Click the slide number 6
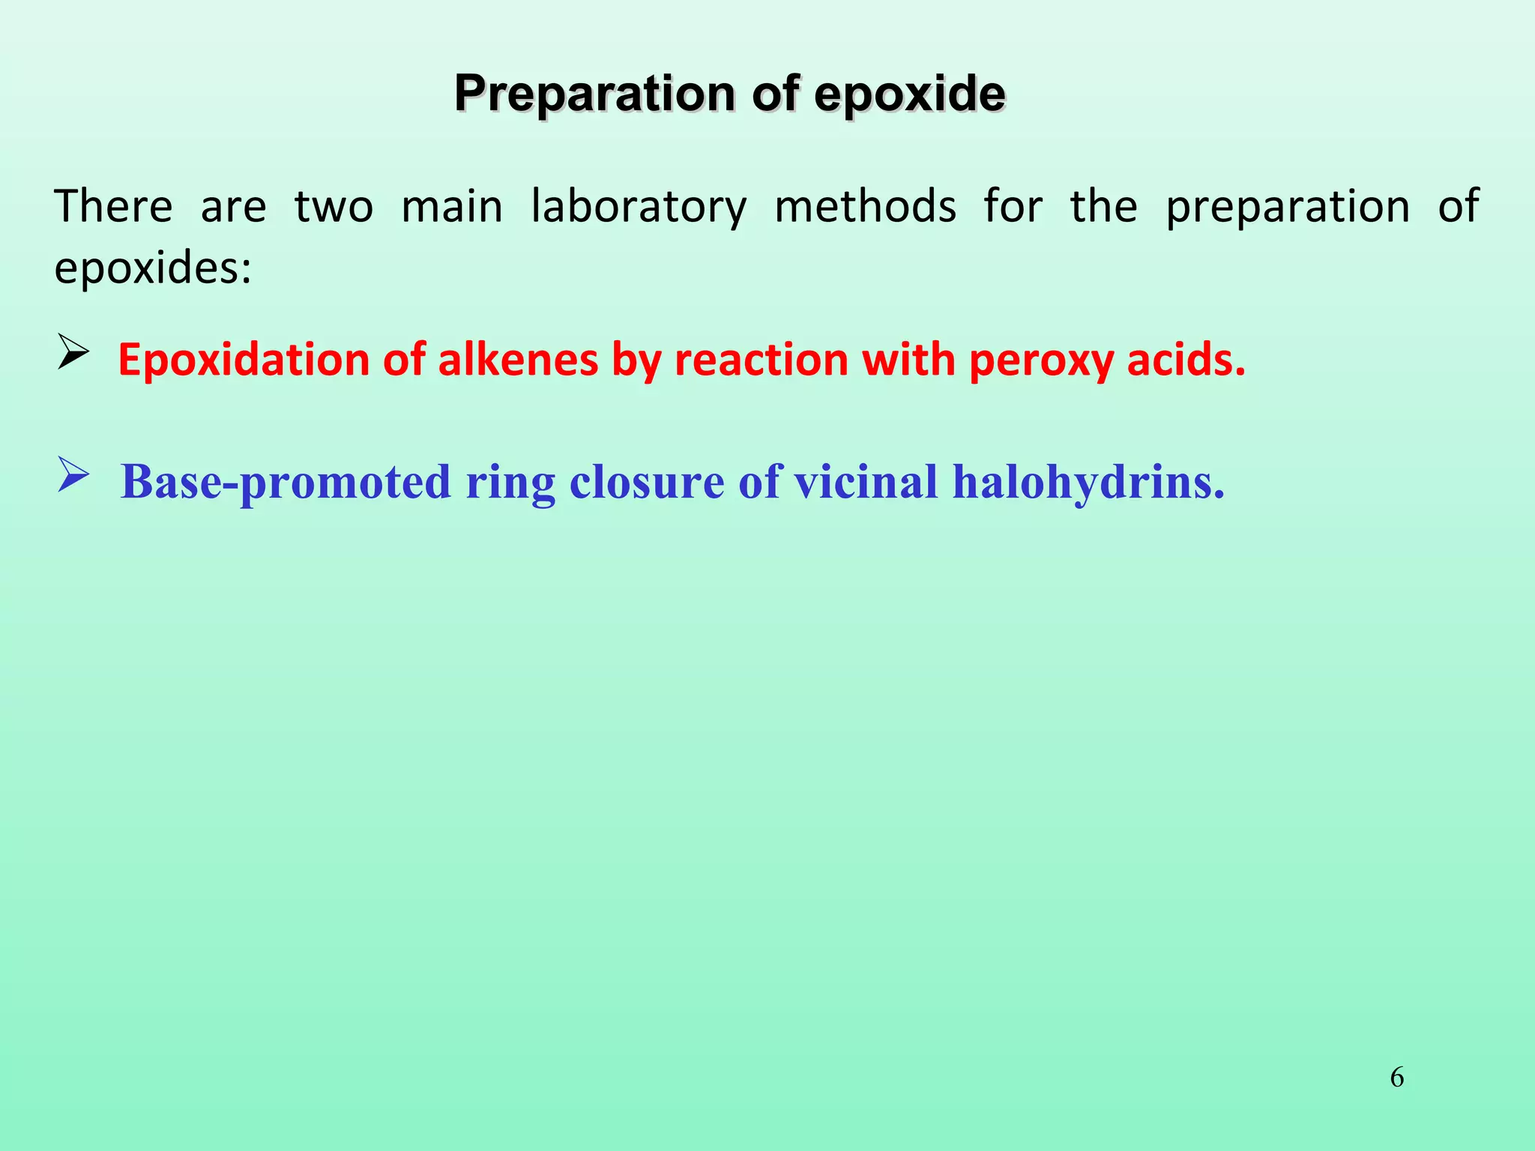click(1397, 1078)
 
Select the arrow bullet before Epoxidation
click(73, 352)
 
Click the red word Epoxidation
click(244, 360)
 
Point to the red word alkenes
click(518, 360)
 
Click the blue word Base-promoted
click(286, 482)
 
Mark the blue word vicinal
click(866, 482)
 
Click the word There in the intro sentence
click(113, 207)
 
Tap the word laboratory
click(639, 208)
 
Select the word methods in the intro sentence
click(866, 207)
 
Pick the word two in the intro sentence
click(334, 208)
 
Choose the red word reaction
click(761, 360)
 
